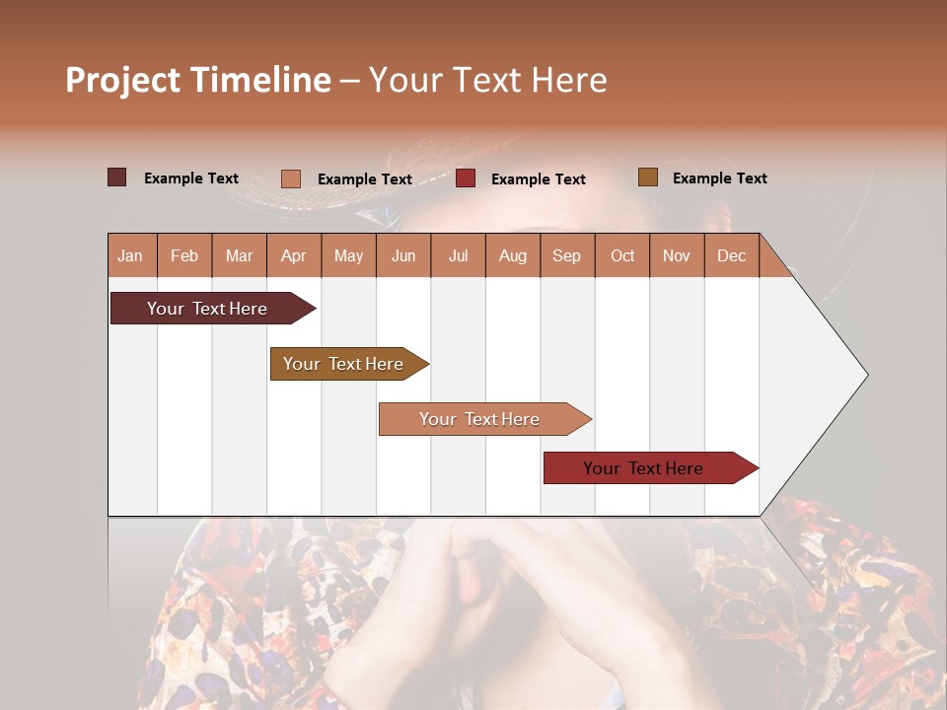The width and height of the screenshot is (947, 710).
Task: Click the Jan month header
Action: pos(130,255)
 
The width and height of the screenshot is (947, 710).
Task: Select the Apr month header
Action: pos(293,255)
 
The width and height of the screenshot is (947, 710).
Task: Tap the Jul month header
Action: pos(458,255)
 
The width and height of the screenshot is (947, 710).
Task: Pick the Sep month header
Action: pos(566,255)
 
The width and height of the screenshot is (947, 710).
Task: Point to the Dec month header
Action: pos(731,255)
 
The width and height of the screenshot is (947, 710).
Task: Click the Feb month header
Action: pos(184,255)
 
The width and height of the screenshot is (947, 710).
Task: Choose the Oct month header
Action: pos(622,255)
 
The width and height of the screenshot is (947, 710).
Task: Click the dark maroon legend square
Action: pos(116,177)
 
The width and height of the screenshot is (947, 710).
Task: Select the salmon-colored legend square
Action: pos(290,178)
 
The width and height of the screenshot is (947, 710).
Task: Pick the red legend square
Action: pos(466,178)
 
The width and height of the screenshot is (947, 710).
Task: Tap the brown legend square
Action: pos(647,177)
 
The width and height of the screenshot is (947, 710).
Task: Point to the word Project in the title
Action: pos(122,80)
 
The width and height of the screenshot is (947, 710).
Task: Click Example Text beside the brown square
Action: pos(719,178)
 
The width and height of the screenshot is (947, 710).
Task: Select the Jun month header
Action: pos(403,255)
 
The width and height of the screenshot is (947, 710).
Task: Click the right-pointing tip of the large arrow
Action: pos(863,375)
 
